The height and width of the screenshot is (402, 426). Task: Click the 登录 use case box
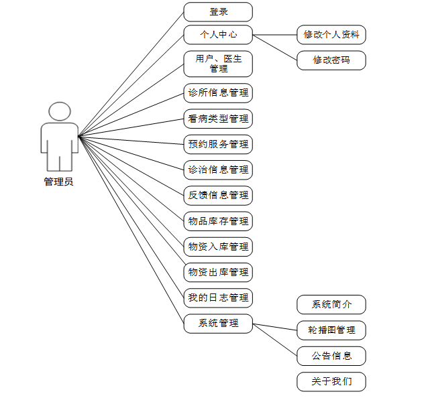click(x=218, y=11)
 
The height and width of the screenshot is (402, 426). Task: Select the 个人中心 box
click(x=218, y=35)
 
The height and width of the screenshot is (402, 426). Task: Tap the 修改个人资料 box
click(x=331, y=35)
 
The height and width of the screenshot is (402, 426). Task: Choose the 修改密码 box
click(x=331, y=60)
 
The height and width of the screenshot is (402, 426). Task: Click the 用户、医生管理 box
click(x=218, y=64)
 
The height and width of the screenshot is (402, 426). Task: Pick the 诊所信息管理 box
click(x=218, y=93)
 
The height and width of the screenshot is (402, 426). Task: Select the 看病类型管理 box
click(x=218, y=119)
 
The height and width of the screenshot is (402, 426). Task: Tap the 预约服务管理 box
click(x=218, y=144)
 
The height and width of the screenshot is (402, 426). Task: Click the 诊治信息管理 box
click(x=218, y=170)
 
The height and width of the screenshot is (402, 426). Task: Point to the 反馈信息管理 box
click(x=218, y=196)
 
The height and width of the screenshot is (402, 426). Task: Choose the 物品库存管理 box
click(x=218, y=221)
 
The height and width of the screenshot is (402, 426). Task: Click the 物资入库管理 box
click(x=218, y=247)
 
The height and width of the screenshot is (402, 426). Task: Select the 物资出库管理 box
click(x=218, y=272)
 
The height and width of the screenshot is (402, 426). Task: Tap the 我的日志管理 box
click(x=218, y=297)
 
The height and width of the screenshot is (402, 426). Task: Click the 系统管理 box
click(x=218, y=323)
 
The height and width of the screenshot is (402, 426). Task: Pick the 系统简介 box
click(x=331, y=305)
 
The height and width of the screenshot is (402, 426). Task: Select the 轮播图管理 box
click(x=331, y=330)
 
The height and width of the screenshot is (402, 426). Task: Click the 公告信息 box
click(x=331, y=355)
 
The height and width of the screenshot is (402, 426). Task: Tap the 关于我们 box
click(x=331, y=381)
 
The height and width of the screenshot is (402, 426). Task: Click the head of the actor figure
click(x=60, y=112)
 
